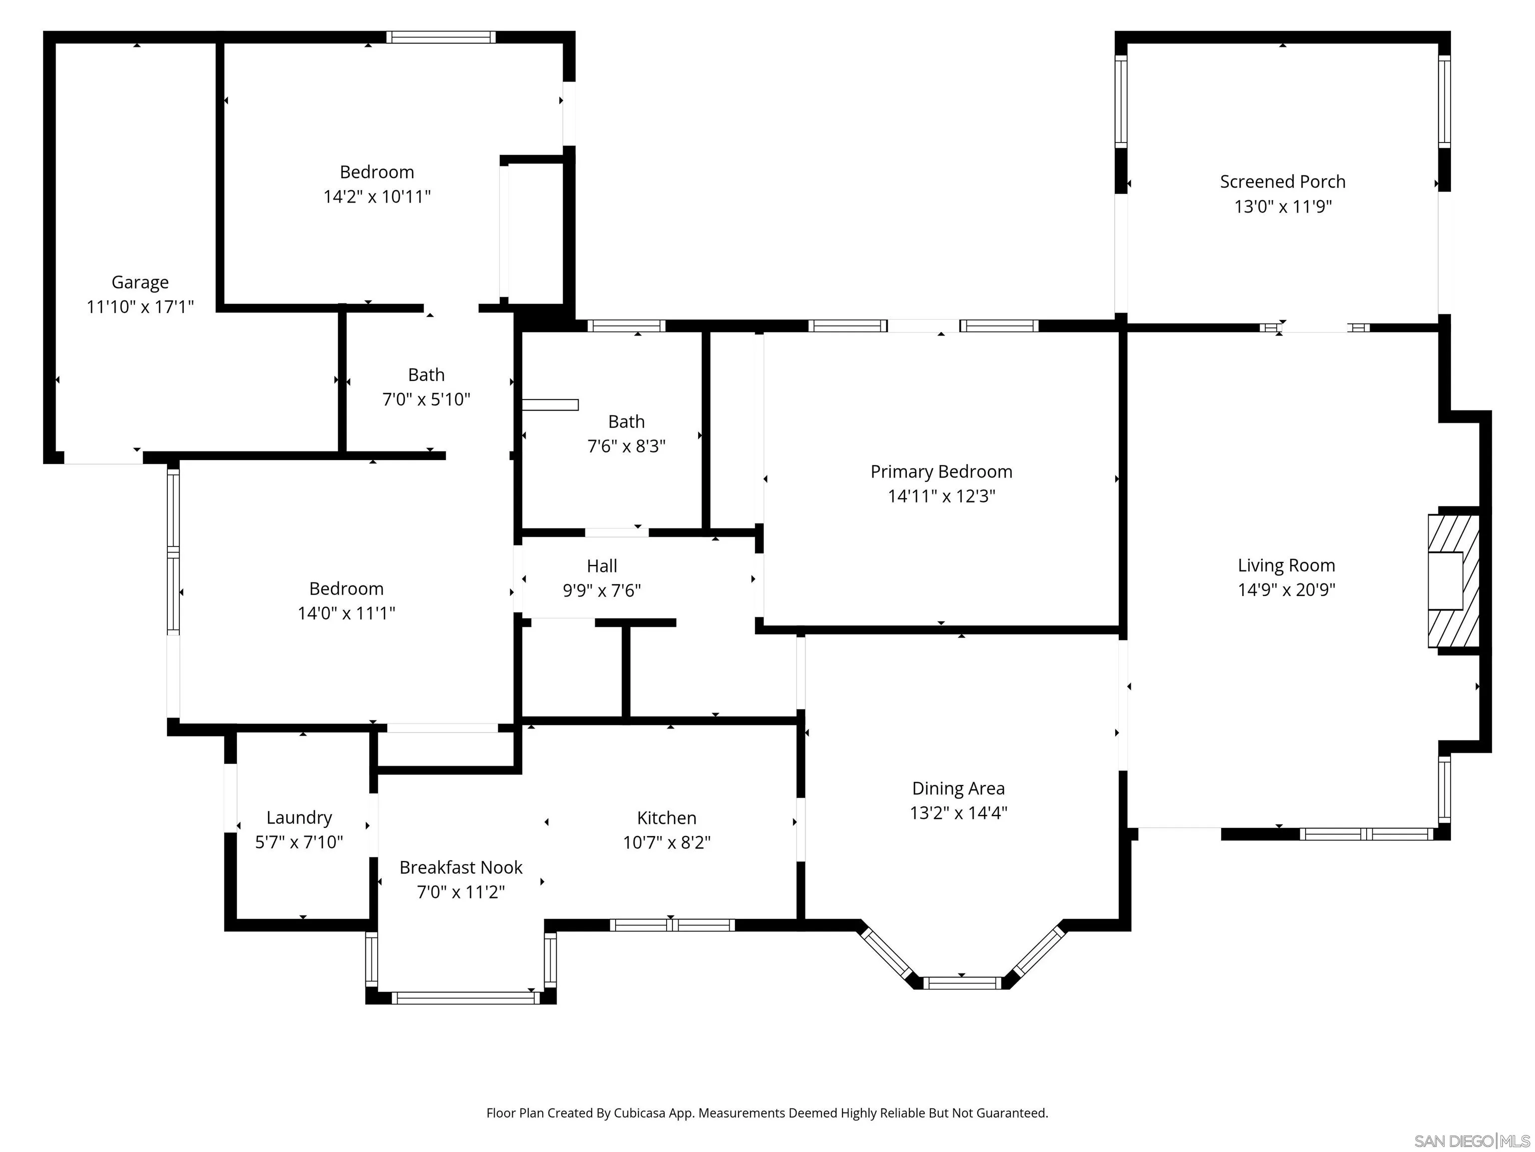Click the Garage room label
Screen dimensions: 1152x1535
tap(140, 282)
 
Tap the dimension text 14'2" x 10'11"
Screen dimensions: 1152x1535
tap(377, 196)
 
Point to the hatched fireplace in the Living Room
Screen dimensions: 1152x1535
tap(1453, 580)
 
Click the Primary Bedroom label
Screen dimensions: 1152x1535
tap(941, 471)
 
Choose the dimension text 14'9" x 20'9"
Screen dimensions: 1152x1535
tap(1286, 589)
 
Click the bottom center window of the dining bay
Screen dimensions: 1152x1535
tap(962, 982)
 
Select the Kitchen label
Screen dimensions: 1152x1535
tap(666, 817)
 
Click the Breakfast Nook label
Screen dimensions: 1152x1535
tap(461, 867)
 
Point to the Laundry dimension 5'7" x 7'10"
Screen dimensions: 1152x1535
tap(299, 842)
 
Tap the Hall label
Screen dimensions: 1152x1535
tap(602, 566)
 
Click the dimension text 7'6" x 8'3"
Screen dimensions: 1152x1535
tap(626, 446)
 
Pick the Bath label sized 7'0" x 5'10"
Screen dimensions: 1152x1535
tap(426, 375)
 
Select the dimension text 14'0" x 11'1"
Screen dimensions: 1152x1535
tap(346, 613)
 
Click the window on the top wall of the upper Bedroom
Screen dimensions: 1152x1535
tap(441, 37)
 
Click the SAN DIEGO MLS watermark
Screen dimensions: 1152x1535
tap(1471, 1141)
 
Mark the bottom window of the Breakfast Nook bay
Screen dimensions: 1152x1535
tap(465, 998)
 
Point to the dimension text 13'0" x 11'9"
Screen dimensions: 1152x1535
tap(1282, 206)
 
